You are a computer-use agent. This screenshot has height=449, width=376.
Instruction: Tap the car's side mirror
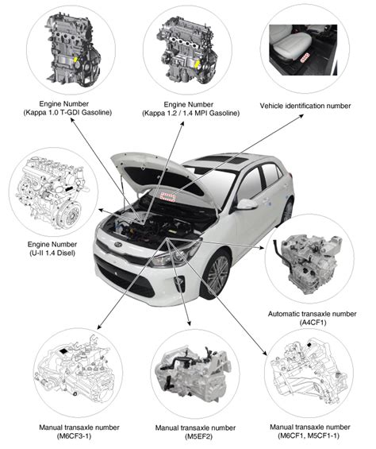(x=247, y=205)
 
